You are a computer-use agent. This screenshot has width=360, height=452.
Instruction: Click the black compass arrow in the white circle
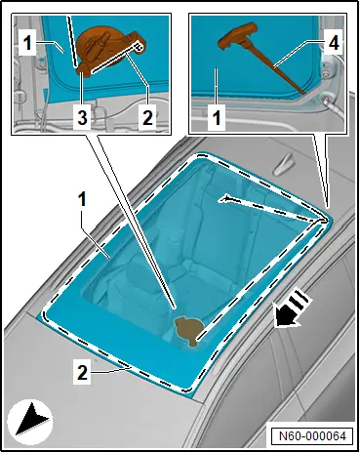pyautogui.click(x=31, y=419)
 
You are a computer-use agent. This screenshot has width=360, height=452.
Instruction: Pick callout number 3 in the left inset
pyautogui.click(x=82, y=117)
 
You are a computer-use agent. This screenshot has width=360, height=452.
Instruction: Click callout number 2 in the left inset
pyautogui.click(x=147, y=117)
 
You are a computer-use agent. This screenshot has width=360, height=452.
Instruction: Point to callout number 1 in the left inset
pyautogui.click(x=28, y=43)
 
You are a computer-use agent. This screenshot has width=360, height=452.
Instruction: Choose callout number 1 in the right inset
pyautogui.click(x=217, y=117)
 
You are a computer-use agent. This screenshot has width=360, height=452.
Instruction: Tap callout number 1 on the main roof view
pyautogui.click(x=82, y=199)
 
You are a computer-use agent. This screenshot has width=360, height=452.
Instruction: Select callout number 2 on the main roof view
pyautogui.click(x=82, y=372)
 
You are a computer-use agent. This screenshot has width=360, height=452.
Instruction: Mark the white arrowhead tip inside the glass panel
pyautogui.click(x=219, y=199)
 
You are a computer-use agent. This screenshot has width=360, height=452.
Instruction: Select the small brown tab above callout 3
pyautogui.click(x=84, y=69)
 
